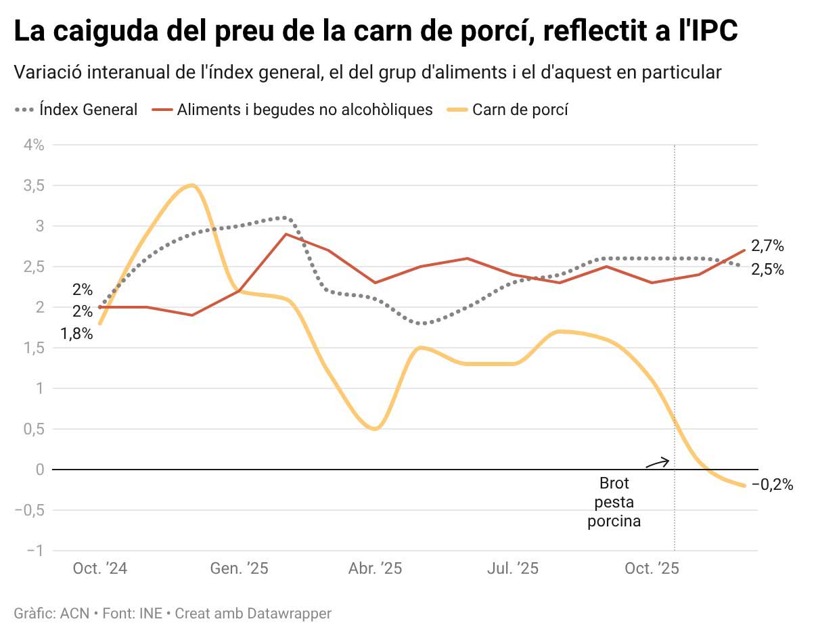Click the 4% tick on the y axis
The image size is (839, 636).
pos(34,145)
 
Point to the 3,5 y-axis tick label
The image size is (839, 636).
pos(33,185)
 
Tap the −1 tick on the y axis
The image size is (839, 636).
pos(34,551)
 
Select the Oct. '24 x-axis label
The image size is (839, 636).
pos(100,569)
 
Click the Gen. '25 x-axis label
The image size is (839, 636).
pos(239,569)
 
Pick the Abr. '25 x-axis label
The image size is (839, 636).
pos(375,569)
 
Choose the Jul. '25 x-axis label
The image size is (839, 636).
pos(513,569)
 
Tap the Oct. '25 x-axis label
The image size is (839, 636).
pos(652,569)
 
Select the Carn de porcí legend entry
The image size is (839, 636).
pos(520,110)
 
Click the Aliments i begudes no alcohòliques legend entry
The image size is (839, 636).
pos(304,110)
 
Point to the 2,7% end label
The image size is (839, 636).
pos(767,246)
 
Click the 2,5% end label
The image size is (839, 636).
pos(767,269)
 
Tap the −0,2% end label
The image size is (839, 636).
pos(772,485)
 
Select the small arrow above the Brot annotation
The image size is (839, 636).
pos(657,463)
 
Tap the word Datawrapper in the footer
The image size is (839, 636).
pos(289,614)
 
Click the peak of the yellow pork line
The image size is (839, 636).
pos(193,185)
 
